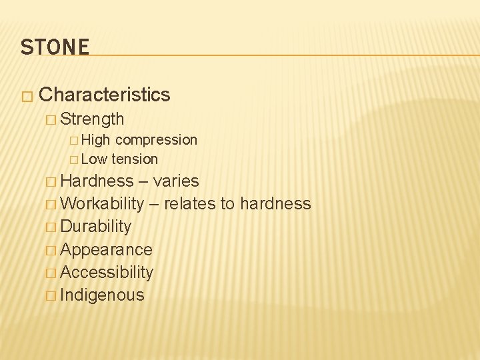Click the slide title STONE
pyautogui.click(x=55, y=47)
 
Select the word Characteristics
pyautogui.click(x=105, y=95)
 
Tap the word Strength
pyautogui.click(x=92, y=119)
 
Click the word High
pyautogui.click(x=96, y=140)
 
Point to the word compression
pyautogui.click(x=156, y=140)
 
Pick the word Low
pyautogui.click(x=95, y=159)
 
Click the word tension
pyautogui.click(x=135, y=159)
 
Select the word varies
pyautogui.click(x=176, y=181)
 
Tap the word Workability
pyautogui.click(x=102, y=204)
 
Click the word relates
pyautogui.click(x=190, y=204)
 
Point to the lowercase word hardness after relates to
pyautogui.click(x=275, y=204)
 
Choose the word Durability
pyautogui.click(x=96, y=227)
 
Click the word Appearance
pyautogui.click(x=106, y=250)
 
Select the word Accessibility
pyautogui.click(x=107, y=273)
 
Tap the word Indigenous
pyautogui.click(x=102, y=295)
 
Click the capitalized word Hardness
pyautogui.click(x=97, y=181)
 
